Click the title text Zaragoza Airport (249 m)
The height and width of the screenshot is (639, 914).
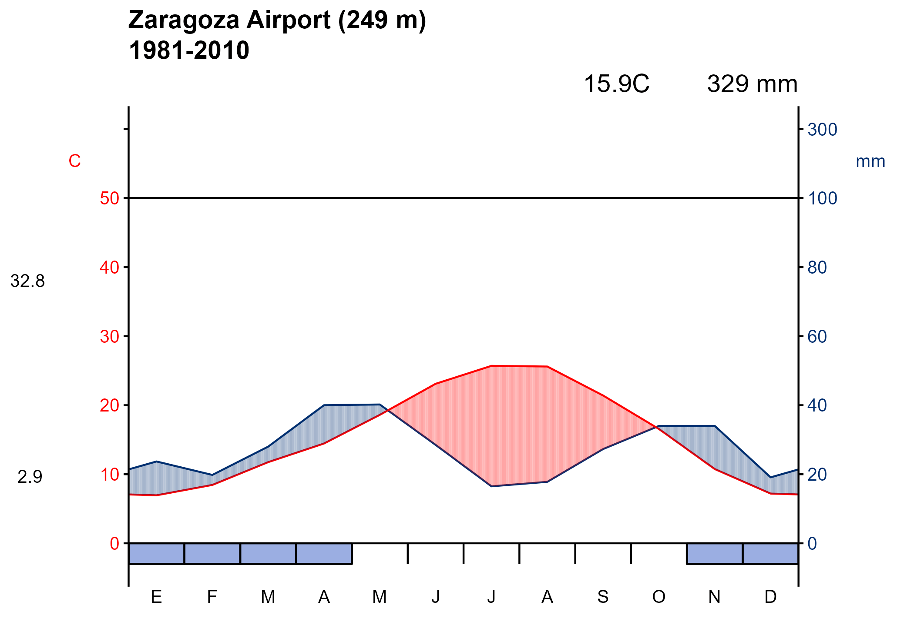[277, 20]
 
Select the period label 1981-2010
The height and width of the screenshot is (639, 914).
[189, 50]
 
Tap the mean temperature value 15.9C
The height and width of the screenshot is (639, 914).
[616, 84]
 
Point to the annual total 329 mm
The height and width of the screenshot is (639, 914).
[752, 84]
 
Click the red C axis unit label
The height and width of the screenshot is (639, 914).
[74, 161]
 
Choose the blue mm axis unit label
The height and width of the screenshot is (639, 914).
[870, 162]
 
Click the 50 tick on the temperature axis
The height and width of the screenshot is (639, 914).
[109, 199]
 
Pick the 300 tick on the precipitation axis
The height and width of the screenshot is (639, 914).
[822, 130]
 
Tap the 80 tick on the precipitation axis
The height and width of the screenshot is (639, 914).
[817, 268]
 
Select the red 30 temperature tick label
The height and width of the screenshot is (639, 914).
[109, 337]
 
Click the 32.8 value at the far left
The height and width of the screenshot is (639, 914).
[27, 281]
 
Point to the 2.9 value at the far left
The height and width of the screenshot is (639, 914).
[30, 477]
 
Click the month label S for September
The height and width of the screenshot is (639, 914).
[603, 597]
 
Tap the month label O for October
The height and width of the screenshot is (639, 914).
[659, 597]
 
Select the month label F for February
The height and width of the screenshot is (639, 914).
[212, 597]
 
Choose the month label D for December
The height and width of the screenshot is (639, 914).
[770, 597]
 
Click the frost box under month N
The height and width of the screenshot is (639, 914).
[714, 553]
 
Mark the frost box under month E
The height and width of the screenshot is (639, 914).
[157, 553]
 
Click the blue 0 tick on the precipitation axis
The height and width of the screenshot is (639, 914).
[812, 544]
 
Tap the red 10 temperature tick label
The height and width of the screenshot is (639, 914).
[109, 475]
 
